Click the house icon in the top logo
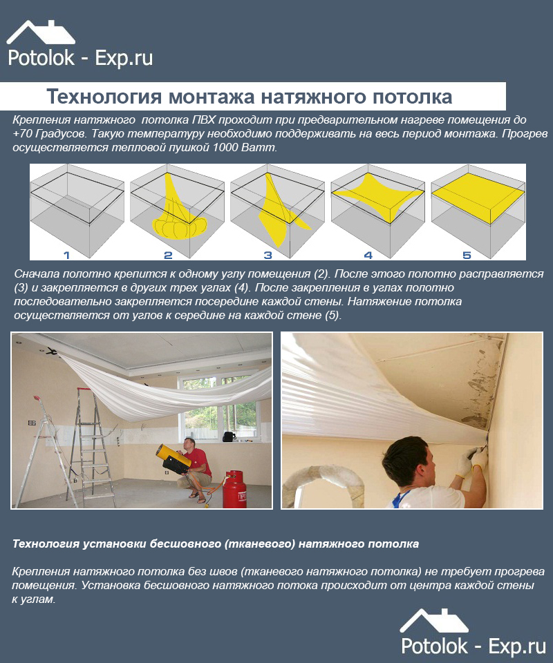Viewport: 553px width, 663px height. point(41,32)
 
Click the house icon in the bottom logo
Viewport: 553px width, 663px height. point(435,621)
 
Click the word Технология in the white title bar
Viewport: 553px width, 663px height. point(104,97)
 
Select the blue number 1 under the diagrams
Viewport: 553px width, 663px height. point(66,255)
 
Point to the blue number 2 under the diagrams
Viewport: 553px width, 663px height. point(168,255)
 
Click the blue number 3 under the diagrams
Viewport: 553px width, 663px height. point(268,255)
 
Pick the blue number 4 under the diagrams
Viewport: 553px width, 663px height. point(368,255)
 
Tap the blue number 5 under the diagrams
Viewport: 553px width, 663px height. point(467,255)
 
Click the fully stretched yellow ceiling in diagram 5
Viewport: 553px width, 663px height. point(478,198)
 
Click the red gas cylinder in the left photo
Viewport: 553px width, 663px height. point(234,490)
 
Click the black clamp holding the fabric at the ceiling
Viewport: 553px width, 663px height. point(52,352)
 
